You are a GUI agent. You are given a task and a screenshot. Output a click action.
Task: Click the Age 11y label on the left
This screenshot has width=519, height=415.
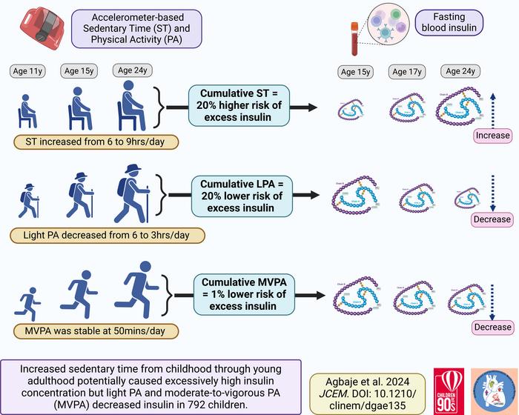(27, 71)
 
